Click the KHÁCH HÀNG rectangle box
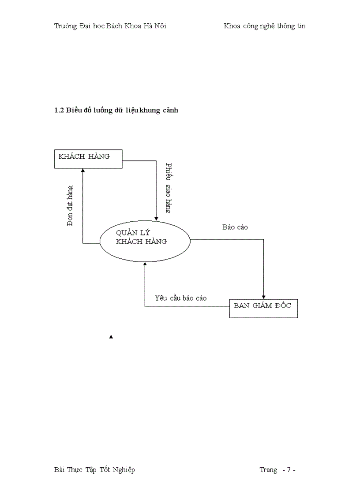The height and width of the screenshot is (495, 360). click(88, 159)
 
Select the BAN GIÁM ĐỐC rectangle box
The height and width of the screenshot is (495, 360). click(263, 308)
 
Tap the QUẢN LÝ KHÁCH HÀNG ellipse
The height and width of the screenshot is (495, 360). click(145, 241)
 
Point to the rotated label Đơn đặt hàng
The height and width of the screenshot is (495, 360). click(70, 205)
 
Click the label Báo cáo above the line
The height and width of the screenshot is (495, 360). click(235, 227)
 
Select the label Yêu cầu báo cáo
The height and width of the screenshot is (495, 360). click(180, 298)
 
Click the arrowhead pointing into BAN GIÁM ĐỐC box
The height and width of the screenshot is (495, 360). click(264, 297)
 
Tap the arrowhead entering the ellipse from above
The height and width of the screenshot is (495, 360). click(156, 218)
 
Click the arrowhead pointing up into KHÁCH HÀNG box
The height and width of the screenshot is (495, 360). click(82, 171)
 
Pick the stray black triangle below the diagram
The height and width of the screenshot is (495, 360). click(111, 337)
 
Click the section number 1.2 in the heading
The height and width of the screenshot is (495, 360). click(59, 110)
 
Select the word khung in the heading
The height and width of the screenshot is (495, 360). click(150, 110)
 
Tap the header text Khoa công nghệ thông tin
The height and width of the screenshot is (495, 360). click(265, 26)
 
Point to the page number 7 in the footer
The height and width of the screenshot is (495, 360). click(289, 469)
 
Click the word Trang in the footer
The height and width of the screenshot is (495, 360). click(268, 469)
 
